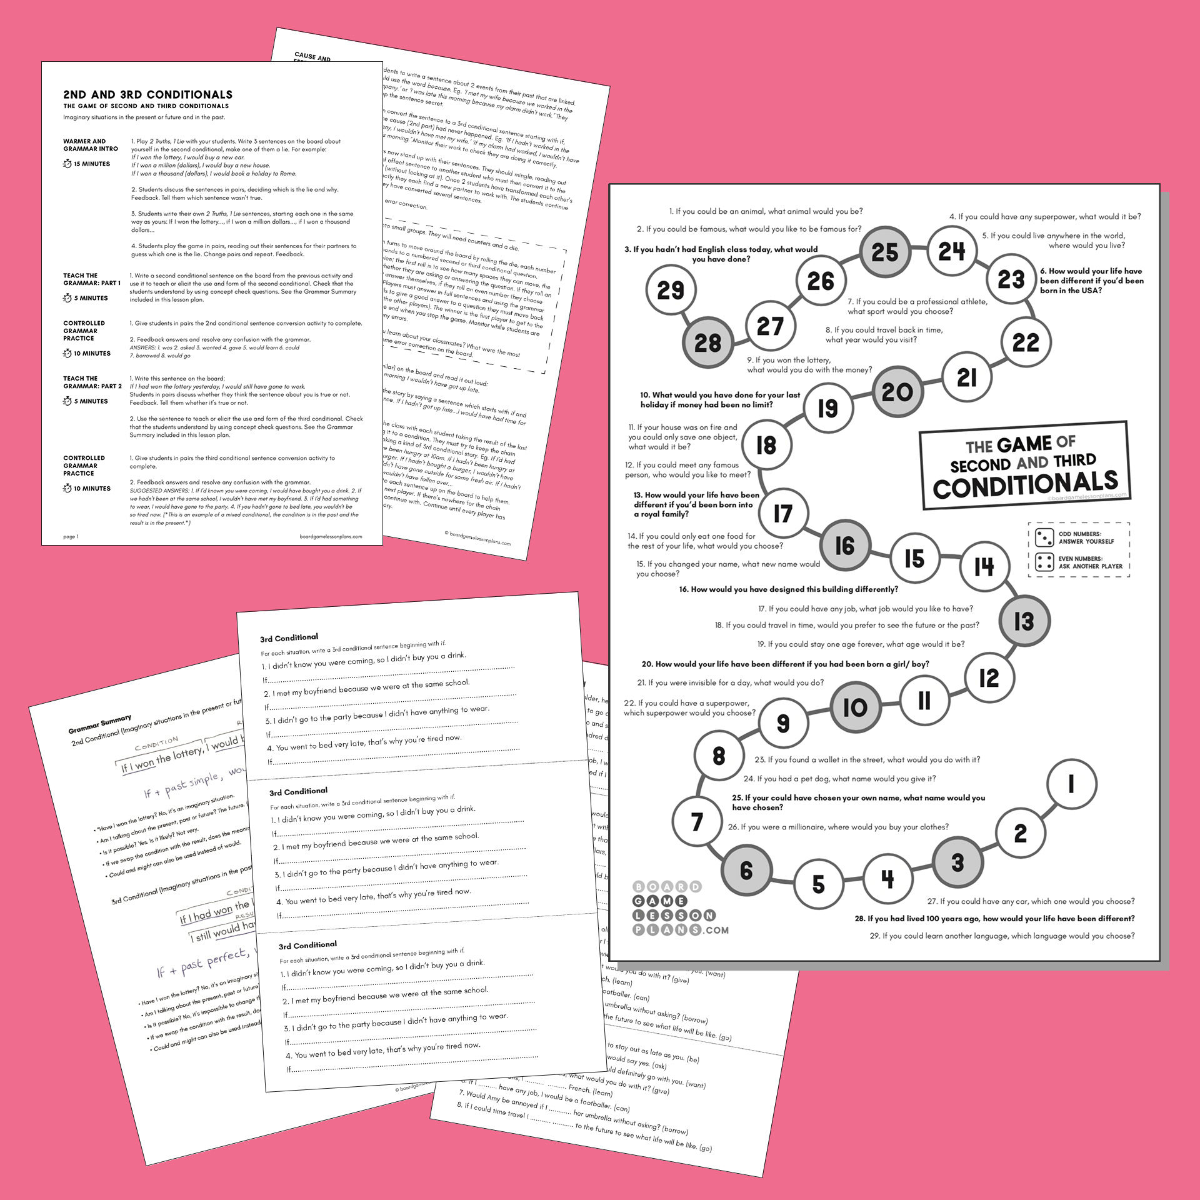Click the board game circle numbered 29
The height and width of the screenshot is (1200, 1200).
tap(671, 290)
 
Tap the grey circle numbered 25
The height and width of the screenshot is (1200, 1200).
tap(884, 252)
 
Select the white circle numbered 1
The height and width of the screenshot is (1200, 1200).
tap(1071, 784)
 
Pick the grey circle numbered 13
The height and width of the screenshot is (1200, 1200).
tap(1024, 621)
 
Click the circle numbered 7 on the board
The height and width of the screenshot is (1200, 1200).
tap(697, 821)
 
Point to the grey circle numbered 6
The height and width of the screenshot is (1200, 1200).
tap(746, 870)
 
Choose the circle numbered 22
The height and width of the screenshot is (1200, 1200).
tap(1026, 342)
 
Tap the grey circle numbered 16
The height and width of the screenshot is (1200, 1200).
tap(844, 546)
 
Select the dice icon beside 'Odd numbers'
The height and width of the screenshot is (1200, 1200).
tap(1044, 537)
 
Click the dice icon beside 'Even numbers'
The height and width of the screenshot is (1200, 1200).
tap(1044, 562)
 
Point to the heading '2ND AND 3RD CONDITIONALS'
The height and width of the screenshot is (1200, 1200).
tap(147, 95)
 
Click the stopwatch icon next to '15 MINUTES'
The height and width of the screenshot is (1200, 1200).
tap(67, 164)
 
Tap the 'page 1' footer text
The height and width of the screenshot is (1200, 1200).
tap(71, 536)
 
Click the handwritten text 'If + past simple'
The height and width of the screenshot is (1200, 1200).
tap(181, 785)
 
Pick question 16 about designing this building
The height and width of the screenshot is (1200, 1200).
tap(788, 589)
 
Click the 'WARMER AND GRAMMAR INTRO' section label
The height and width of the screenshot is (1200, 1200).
tap(91, 145)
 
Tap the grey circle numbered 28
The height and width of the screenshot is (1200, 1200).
tap(707, 342)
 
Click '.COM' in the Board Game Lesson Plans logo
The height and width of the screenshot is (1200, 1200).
tap(717, 930)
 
